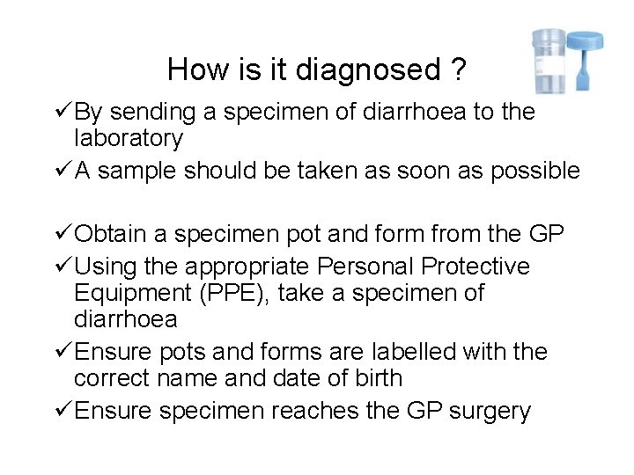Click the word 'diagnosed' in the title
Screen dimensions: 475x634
coord(374,69)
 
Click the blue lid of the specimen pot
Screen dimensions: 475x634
coord(583,40)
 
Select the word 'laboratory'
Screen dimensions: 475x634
coord(129,138)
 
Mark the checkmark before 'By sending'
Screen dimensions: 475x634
coord(62,112)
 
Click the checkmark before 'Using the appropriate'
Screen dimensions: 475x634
coord(62,266)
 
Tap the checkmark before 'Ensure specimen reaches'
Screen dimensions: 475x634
coord(62,411)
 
